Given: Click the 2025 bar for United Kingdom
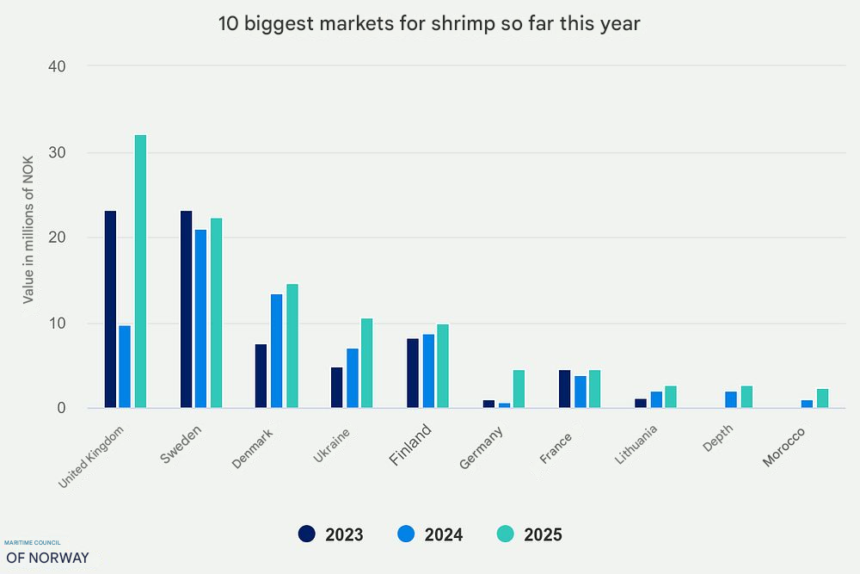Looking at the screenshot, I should click(140, 271).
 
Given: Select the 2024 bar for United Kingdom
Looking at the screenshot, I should click(125, 367).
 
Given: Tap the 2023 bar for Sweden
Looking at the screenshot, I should click(186, 309).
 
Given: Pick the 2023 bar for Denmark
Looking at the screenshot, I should click(261, 376).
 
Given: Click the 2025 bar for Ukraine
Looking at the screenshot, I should click(367, 363).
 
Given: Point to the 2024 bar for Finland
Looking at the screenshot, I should click(428, 371).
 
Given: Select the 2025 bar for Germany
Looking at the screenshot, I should click(519, 389).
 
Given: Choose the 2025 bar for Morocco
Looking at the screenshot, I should click(822, 398).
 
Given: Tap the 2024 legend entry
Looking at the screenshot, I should click(431, 534).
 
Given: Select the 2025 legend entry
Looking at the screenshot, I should click(530, 534).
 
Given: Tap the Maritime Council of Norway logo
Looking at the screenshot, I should click(46, 552).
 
